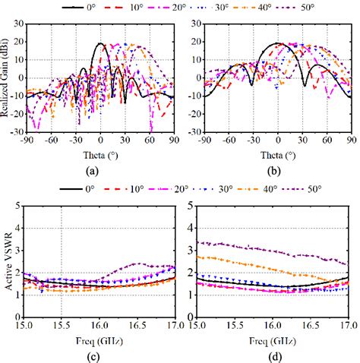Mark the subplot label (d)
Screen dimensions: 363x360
pyautogui.click(x=276, y=357)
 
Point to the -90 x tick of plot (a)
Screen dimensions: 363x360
pyautogui.click(x=27, y=140)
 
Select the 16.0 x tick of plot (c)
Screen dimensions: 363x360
pyautogui.click(x=100, y=326)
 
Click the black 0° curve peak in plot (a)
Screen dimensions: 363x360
pyautogui.click(x=100, y=43)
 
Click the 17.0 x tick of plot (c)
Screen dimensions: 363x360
pyautogui.click(x=173, y=326)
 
